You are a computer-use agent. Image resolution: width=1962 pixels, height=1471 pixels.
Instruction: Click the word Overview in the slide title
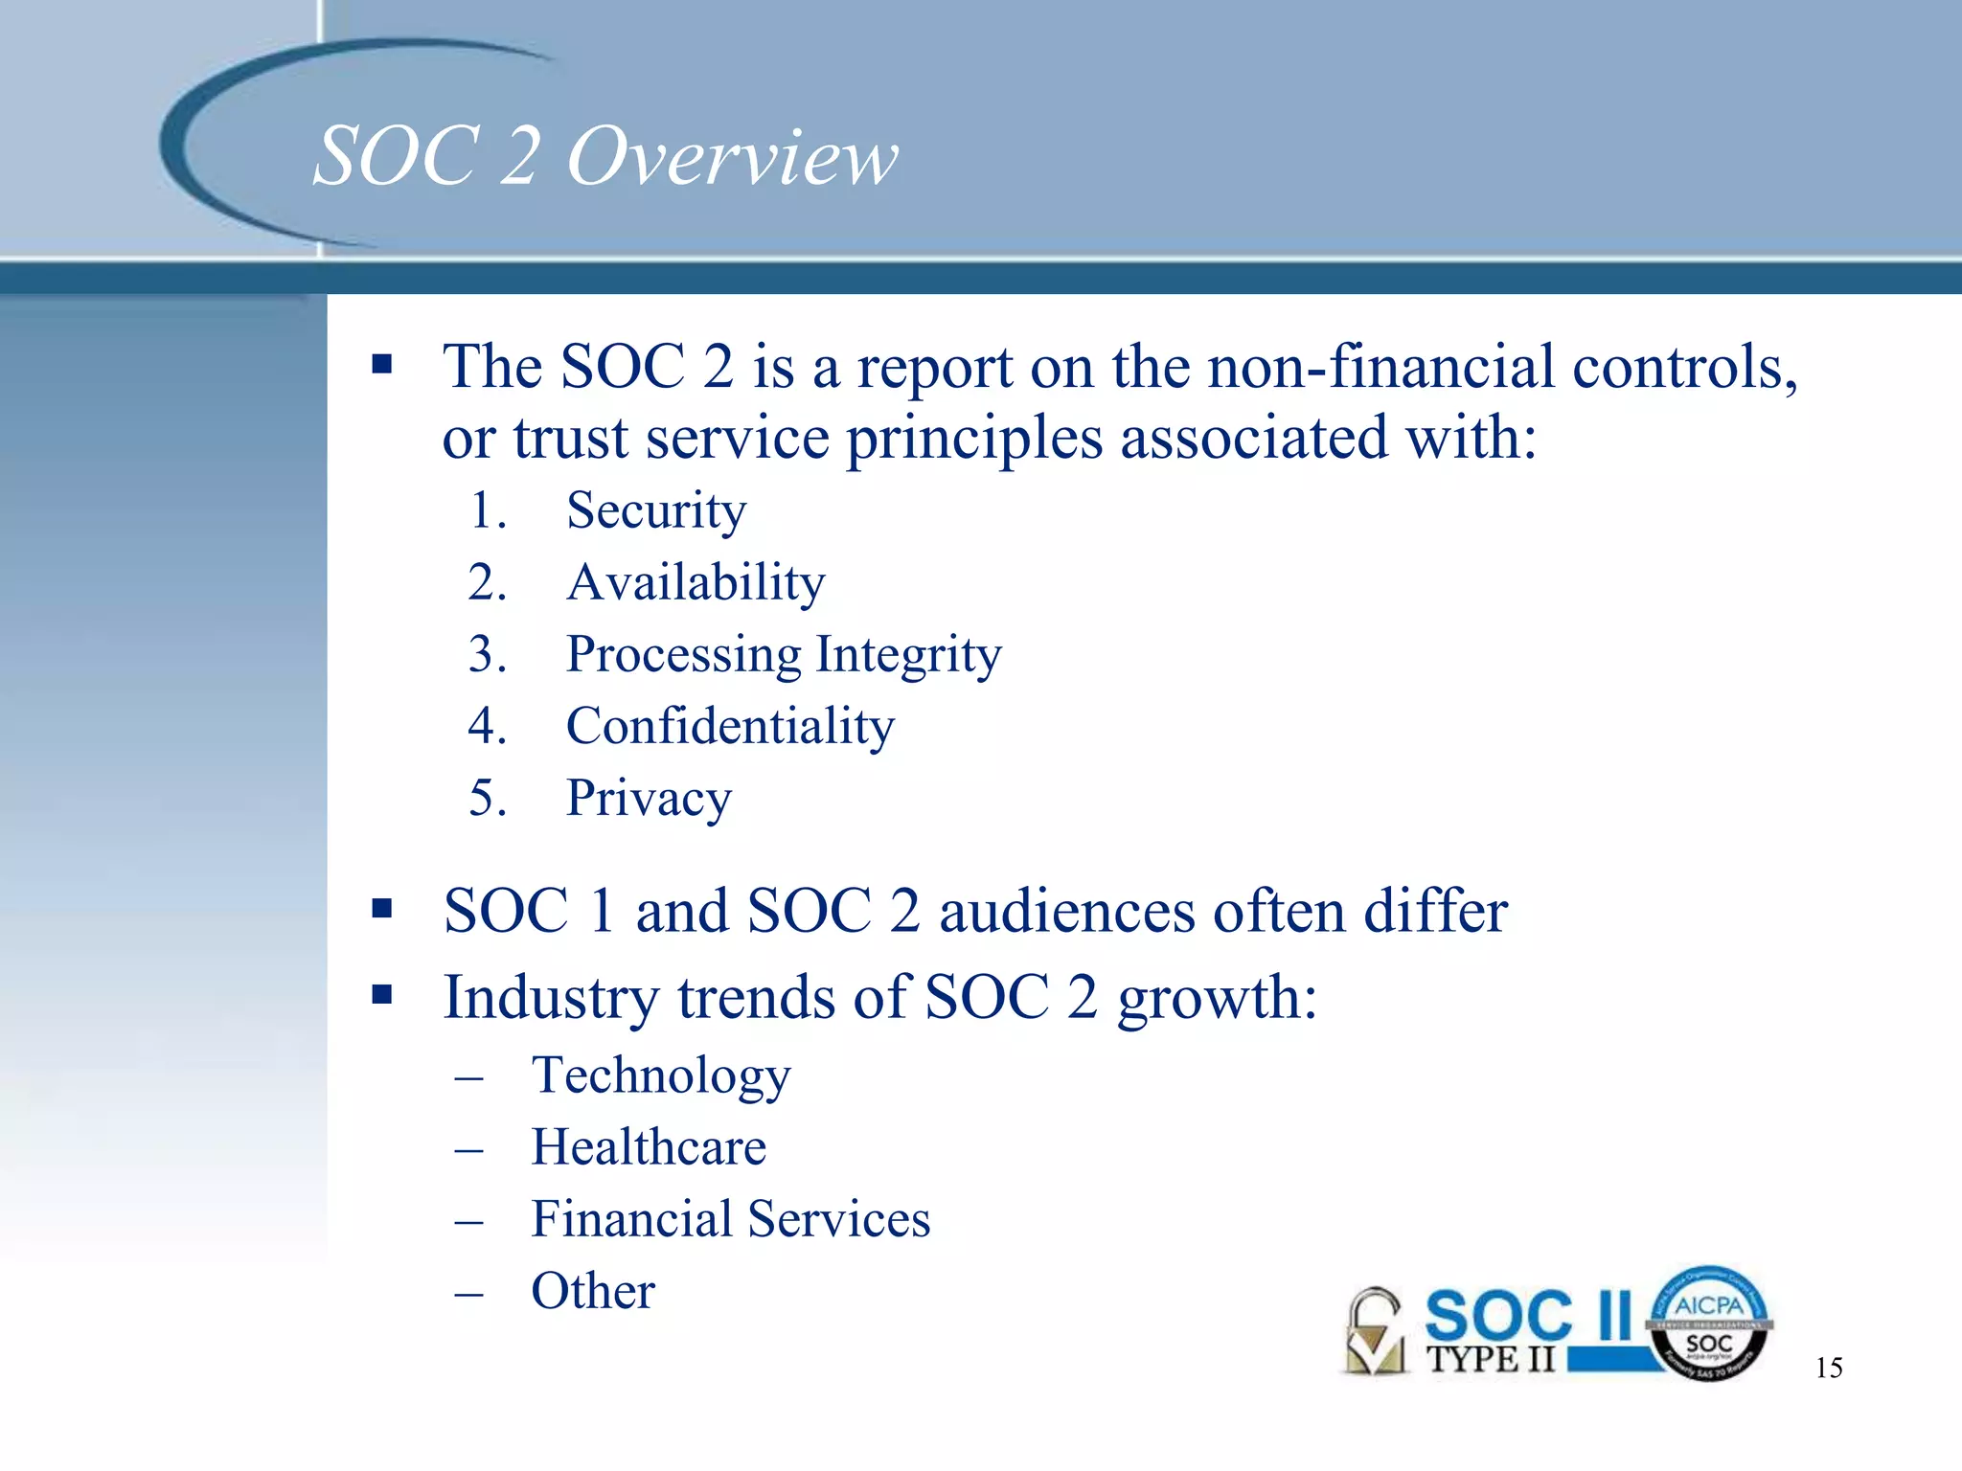(x=733, y=156)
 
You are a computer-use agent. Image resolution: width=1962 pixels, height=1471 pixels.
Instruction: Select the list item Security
(x=655, y=510)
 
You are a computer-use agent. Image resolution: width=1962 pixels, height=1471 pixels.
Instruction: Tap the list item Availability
(x=696, y=582)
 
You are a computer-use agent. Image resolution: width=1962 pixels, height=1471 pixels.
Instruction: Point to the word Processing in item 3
(x=683, y=656)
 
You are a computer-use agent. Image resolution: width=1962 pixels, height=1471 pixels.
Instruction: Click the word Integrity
(x=908, y=656)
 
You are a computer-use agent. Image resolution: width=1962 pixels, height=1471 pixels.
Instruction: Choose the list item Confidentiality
(x=730, y=726)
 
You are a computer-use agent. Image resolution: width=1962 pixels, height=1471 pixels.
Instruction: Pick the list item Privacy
(x=649, y=799)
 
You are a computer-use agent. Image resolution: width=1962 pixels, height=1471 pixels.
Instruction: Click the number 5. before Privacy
(x=487, y=798)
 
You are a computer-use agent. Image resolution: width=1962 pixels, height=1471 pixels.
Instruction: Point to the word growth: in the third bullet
(x=1217, y=999)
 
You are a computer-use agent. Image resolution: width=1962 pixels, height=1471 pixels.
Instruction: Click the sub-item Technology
(x=661, y=1075)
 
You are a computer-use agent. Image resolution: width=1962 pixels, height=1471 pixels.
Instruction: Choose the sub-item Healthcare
(x=649, y=1147)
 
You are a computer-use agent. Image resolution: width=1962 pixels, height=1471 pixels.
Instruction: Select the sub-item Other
(x=593, y=1291)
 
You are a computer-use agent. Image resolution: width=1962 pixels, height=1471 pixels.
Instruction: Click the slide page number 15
(x=1828, y=1368)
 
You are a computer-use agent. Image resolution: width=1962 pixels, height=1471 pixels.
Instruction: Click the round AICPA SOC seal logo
(x=1709, y=1324)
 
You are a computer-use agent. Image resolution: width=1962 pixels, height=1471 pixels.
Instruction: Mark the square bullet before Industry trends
(x=382, y=995)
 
